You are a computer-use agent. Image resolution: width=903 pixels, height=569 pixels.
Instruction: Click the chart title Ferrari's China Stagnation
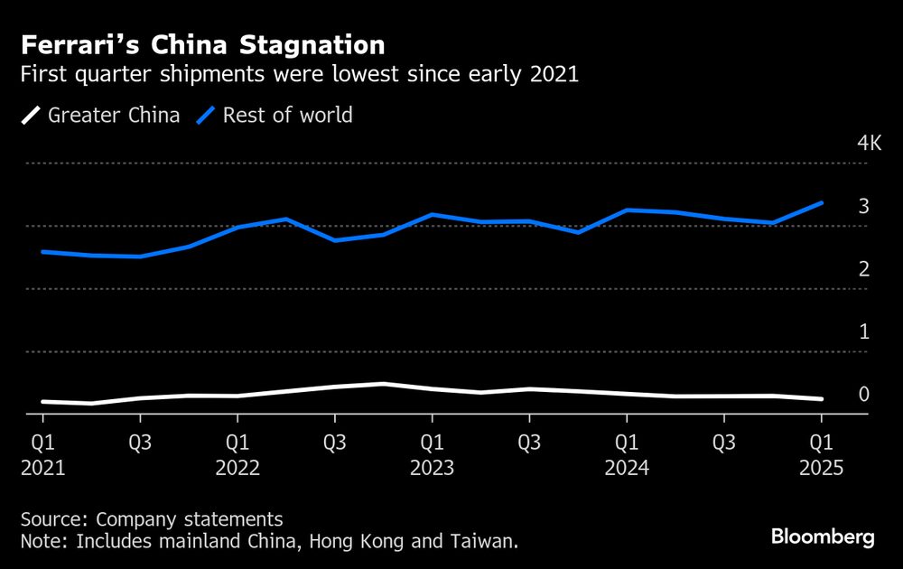(x=203, y=44)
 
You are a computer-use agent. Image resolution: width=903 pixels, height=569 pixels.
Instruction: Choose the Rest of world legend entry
(x=275, y=116)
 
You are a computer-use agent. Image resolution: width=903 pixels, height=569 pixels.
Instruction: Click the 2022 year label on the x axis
(x=237, y=469)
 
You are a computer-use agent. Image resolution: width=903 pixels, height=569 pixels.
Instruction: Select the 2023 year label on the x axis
(x=432, y=469)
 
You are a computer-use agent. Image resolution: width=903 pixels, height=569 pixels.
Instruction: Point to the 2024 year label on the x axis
(x=627, y=469)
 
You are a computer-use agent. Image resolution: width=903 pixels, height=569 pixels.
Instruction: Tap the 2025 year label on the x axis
(x=821, y=469)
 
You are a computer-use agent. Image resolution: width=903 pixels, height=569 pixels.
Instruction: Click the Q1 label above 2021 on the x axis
(x=42, y=443)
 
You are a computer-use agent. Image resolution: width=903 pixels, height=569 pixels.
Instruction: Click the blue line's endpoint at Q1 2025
(x=821, y=202)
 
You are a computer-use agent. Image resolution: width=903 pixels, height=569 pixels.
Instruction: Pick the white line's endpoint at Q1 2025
(x=821, y=398)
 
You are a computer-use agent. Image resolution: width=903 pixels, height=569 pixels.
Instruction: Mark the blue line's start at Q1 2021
(x=42, y=251)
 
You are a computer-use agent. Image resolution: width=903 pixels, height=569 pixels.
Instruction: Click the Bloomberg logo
(x=823, y=537)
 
